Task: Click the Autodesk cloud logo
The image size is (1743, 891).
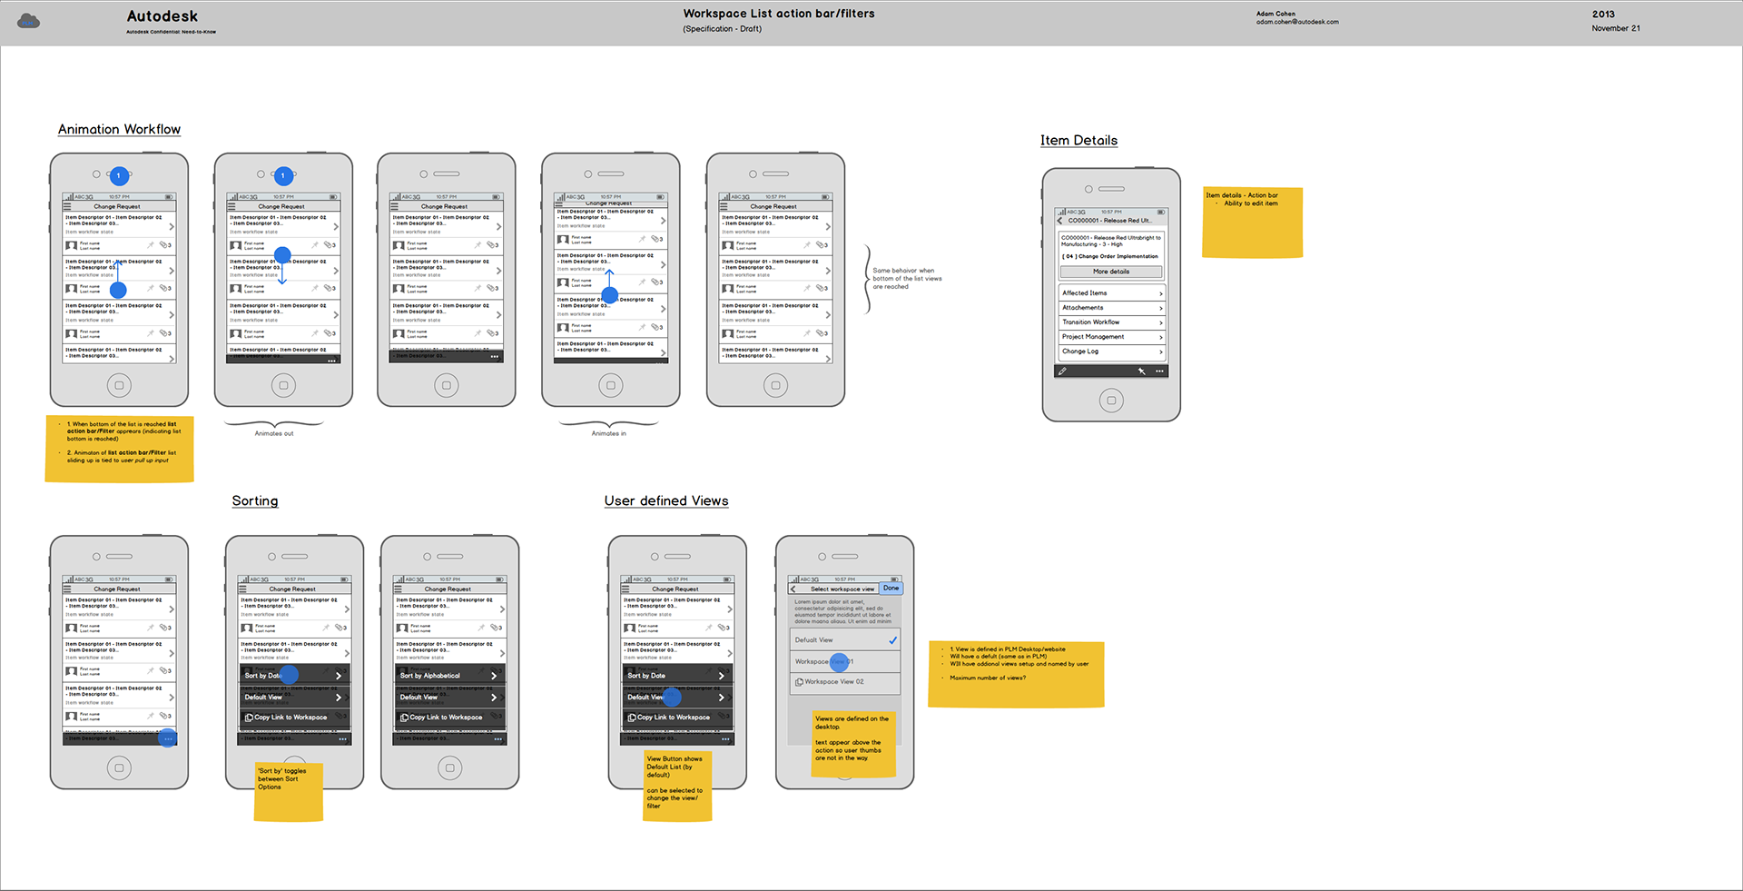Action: [29, 21]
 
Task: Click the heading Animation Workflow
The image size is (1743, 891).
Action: [119, 130]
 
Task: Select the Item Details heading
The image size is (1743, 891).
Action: [1078, 141]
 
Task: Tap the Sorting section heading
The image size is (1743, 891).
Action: [255, 501]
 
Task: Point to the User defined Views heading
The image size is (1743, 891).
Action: [666, 501]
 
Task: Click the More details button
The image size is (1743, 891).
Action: [1111, 272]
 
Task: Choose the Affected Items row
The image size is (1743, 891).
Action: [1111, 293]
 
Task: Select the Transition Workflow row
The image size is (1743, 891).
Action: [1111, 322]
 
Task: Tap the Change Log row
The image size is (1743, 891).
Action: [1111, 351]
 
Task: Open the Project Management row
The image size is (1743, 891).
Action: [1111, 337]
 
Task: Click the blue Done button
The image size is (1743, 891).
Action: [891, 589]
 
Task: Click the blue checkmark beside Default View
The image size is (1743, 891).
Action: [892, 640]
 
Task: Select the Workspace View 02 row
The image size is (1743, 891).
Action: [844, 682]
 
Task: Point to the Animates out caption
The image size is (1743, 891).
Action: [274, 434]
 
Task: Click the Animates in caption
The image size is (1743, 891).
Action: [609, 434]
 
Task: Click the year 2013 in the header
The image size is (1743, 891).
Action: [1603, 15]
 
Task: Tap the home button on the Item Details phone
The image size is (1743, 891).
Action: [1111, 400]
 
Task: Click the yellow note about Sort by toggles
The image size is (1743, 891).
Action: [289, 790]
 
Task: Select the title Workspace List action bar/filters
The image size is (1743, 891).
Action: [779, 14]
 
